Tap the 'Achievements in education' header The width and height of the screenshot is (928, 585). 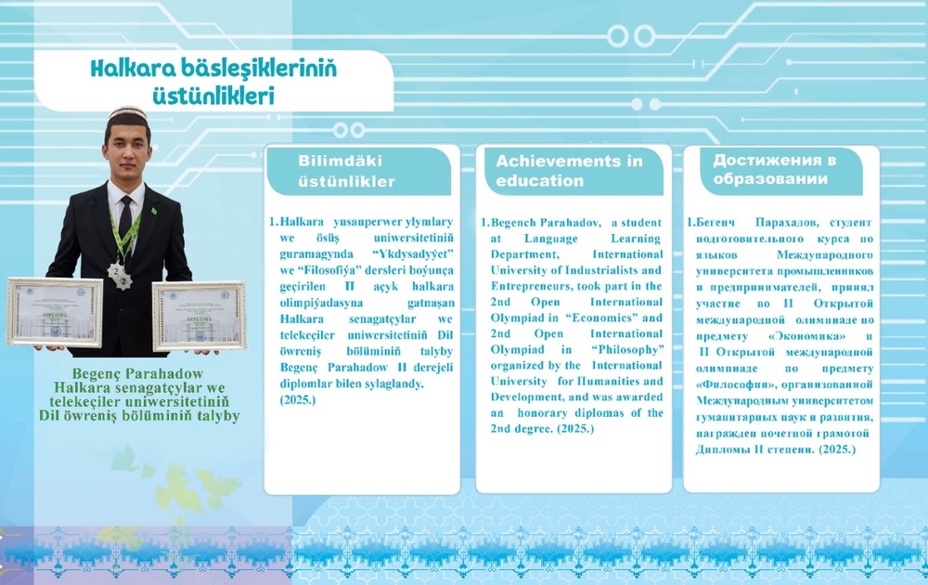(569, 171)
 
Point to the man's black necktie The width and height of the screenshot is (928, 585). (125, 218)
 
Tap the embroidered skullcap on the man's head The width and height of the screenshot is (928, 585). (126, 115)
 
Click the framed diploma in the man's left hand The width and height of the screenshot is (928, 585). (199, 316)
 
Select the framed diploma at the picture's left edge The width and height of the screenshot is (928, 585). (54, 311)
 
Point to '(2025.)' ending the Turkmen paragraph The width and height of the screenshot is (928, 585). (298, 399)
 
